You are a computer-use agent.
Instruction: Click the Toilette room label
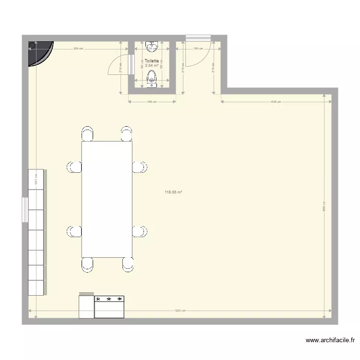[x=152, y=61]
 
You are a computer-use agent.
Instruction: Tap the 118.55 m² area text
[x=173, y=192]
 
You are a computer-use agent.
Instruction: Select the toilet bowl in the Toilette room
[x=152, y=78]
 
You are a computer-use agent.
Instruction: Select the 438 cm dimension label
[x=276, y=102]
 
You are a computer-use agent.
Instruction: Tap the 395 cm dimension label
[x=78, y=48]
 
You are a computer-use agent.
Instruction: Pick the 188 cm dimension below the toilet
[x=152, y=102]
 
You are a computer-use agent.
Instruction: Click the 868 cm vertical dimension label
[x=324, y=205]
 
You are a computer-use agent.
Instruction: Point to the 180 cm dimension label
[x=196, y=48]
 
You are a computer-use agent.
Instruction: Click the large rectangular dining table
[x=107, y=199]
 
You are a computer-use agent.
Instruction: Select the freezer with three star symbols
[x=109, y=307]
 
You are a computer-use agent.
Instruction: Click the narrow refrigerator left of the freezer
[x=86, y=306]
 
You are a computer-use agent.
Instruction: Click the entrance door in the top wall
[x=198, y=37]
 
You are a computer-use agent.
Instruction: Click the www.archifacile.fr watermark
[x=330, y=341]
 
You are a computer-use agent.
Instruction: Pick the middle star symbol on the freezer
[x=109, y=299]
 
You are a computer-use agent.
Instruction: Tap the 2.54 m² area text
[x=152, y=66]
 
